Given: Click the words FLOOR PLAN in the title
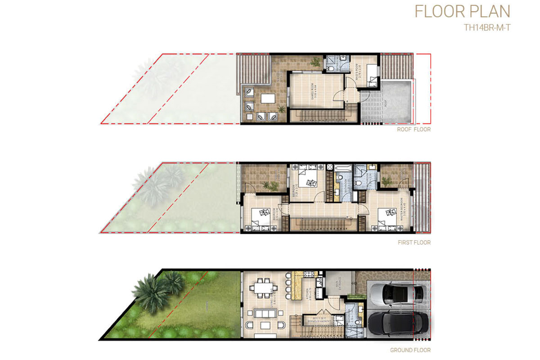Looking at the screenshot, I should pyautogui.click(x=462, y=11).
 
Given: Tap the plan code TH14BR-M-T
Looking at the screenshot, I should pyautogui.click(x=487, y=27).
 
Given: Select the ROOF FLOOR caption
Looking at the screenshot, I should pyautogui.click(x=414, y=130).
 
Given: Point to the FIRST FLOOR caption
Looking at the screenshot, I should pyautogui.click(x=414, y=243).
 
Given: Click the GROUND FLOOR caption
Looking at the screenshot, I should pyautogui.click(x=410, y=350).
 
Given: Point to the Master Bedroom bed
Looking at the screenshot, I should pyautogui.click(x=385, y=216).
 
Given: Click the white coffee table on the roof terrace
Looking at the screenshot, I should pyautogui.click(x=268, y=99).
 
